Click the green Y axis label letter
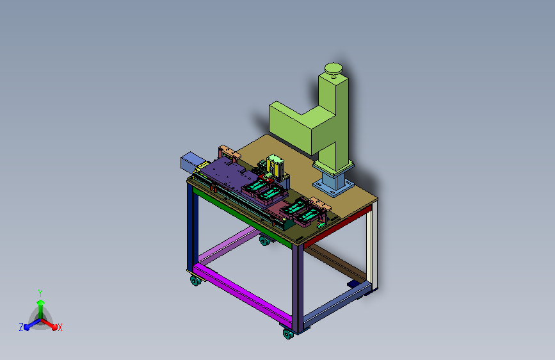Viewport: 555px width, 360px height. click(40, 293)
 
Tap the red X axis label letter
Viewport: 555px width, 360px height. click(60, 327)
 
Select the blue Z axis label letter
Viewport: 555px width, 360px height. click(21, 327)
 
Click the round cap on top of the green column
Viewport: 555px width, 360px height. click(333, 69)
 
